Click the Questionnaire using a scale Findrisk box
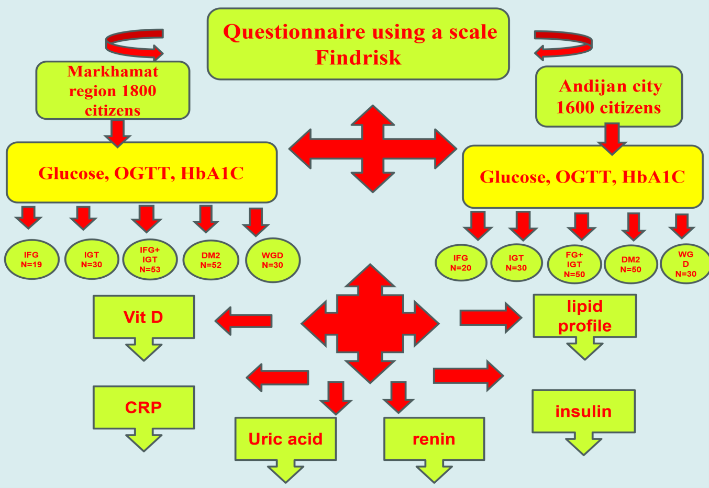(358, 44)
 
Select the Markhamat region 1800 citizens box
(113, 90)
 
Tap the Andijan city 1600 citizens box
(609, 97)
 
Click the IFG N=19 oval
(31, 260)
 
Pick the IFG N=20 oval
(461, 263)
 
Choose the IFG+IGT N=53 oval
(150, 260)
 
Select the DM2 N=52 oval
(211, 260)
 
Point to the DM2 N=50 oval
(630, 264)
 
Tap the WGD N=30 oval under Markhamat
(272, 260)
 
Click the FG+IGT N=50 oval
(574, 264)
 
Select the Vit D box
(143, 317)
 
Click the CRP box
(143, 407)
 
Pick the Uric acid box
(285, 439)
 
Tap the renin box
(434, 439)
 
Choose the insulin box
(583, 412)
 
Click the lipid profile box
(584, 316)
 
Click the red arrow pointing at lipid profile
(490, 317)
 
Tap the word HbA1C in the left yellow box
(212, 173)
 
